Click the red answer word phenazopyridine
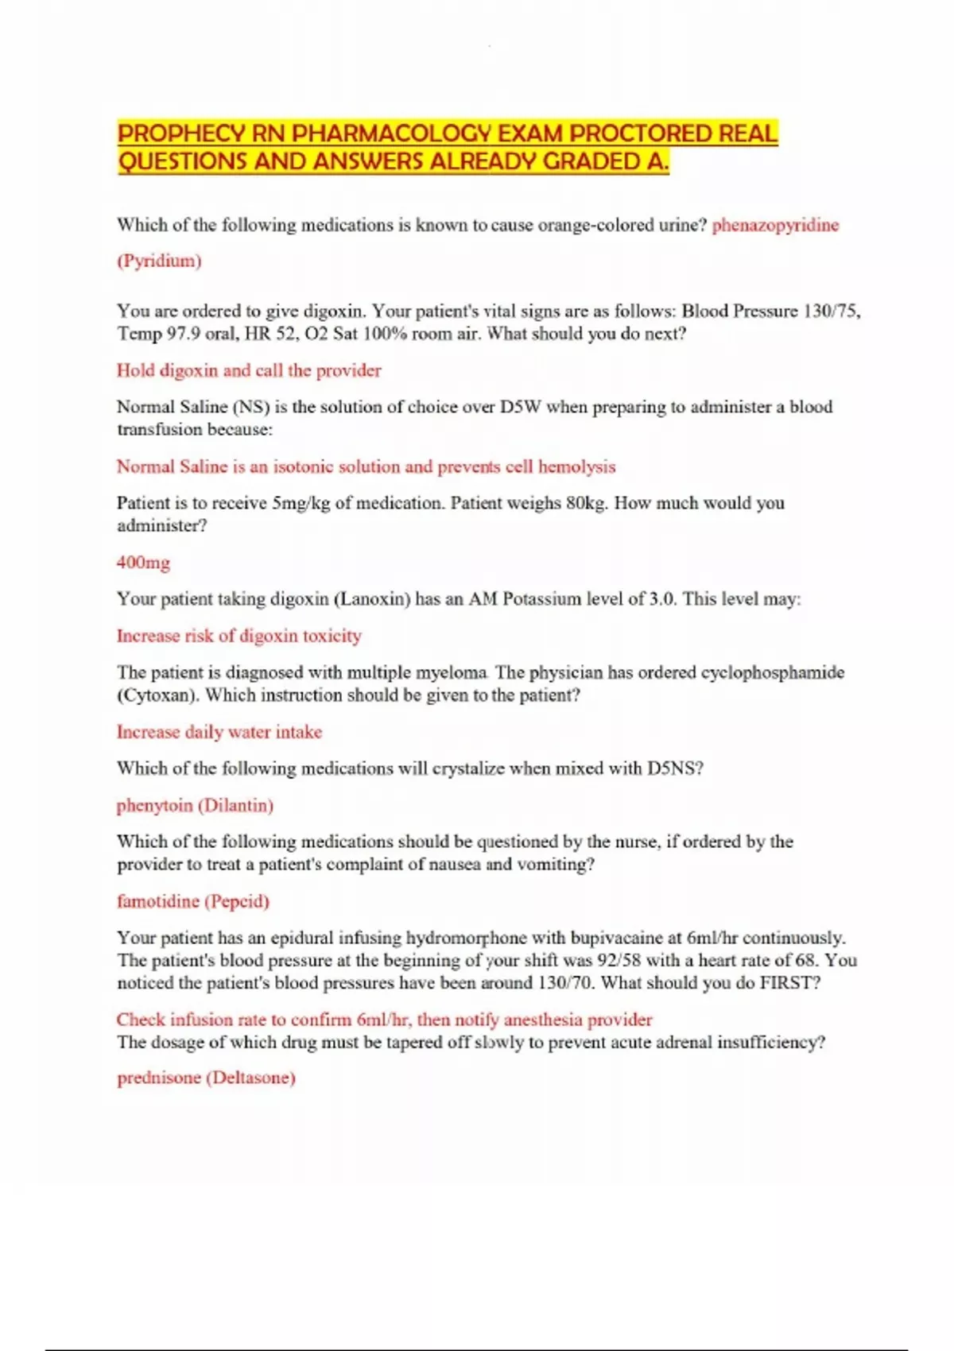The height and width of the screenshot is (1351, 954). pos(775,225)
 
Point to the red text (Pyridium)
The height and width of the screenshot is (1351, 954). pos(159,261)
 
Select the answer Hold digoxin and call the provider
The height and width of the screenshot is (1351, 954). pos(249,370)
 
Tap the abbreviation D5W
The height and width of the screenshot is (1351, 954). pos(520,407)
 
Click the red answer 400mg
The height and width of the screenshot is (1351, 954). pos(143,563)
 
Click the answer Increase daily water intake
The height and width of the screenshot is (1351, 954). pos(219,732)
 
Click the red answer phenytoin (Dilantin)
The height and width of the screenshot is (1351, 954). pos(195,805)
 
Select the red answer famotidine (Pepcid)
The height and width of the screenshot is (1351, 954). pos(193,901)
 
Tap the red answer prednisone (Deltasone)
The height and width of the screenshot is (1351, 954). pos(206,1078)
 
